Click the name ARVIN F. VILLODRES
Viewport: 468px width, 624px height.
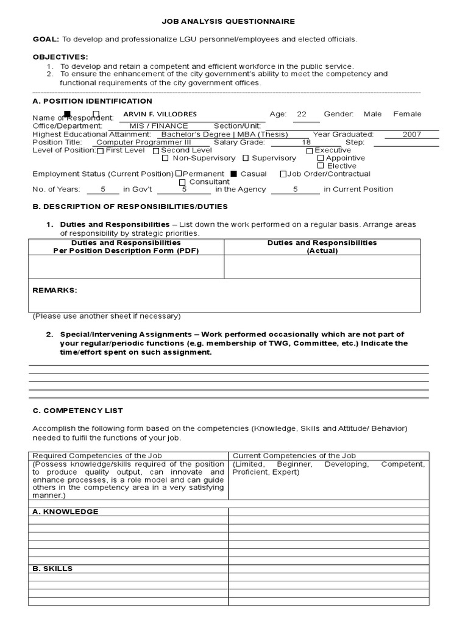point(160,115)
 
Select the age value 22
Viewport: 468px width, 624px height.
point(302,114)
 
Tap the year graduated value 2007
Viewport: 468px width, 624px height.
point(411,135)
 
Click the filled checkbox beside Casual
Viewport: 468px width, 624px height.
point(233,174)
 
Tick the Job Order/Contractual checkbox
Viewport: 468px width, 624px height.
point(283,174)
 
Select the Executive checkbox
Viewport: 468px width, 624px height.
point(310,151)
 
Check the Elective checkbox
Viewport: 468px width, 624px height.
point(321,166)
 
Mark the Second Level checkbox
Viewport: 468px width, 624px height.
point(156,151)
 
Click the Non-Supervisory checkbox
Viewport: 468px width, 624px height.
point(166,158)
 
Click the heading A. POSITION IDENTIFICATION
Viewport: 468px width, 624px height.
point(92,101)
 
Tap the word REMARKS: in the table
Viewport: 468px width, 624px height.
point(55,290)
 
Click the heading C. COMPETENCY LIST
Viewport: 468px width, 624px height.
point(77,411)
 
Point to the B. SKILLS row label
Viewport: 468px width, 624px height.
point(52,569)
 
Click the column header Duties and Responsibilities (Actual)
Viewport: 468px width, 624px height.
point(322,246)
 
